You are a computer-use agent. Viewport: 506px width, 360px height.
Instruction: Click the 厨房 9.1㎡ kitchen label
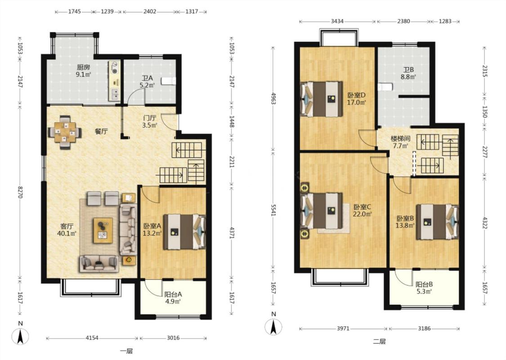point(83,71)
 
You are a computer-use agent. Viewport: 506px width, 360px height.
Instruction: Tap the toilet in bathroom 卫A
point(169,81)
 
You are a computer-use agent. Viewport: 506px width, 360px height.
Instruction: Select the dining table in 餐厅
point(65,132)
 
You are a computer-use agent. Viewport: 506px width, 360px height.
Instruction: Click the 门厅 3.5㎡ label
point(150,121)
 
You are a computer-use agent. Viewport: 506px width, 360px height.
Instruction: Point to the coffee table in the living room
point(103,230)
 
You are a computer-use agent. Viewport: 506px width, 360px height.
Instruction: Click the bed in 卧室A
point(184,232)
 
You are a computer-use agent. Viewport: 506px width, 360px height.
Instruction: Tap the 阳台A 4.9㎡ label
point(173,298)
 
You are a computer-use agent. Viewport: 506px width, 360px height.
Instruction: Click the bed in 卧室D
point(321,99)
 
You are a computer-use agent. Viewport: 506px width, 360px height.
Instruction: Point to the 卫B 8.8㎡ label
point(408,73)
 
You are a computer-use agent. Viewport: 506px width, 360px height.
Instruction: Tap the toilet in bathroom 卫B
point(385,86)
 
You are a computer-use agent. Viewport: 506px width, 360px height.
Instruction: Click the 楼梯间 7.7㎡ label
point(400,142)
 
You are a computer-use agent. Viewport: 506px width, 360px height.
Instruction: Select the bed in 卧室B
point(437,222)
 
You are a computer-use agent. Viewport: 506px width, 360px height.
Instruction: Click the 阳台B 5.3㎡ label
point(424,288)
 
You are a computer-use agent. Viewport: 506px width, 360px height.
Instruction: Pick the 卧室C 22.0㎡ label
point(363,210)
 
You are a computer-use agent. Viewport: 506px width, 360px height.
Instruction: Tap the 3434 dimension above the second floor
point(337,21)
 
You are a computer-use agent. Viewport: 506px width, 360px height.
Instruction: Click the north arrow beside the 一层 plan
point(20,336)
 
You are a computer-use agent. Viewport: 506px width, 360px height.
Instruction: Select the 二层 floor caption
point(379,341)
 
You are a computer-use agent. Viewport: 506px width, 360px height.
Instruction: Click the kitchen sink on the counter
point(115,94)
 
